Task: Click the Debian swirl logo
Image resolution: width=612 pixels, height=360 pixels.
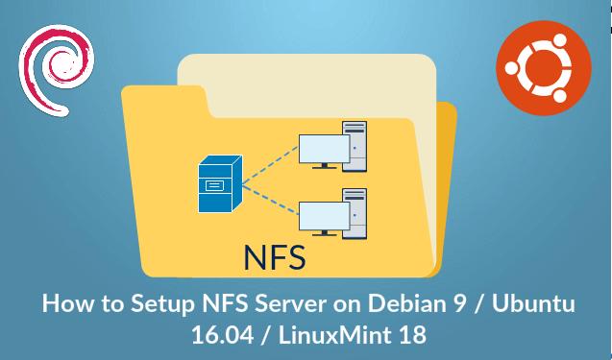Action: coord(56,64)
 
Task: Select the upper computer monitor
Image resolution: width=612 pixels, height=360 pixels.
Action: coord(323,148)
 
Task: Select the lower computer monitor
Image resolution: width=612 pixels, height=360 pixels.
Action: coord(323,217)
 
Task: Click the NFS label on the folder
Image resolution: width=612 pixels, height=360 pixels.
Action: coord(274,258)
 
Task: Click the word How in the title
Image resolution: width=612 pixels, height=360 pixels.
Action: coord(63,306)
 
